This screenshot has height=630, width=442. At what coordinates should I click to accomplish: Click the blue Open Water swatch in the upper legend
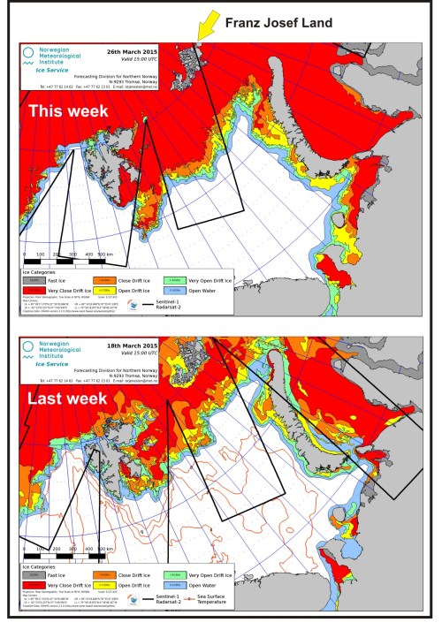pyautogui.click(x=200, y=288)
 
